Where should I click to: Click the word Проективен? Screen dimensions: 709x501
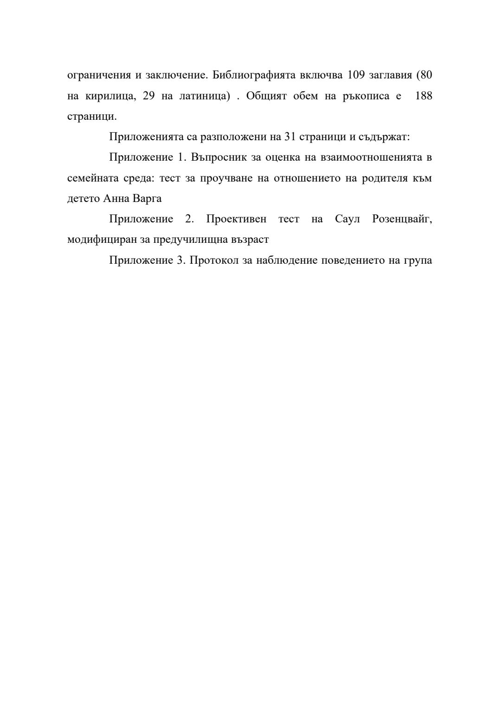236,219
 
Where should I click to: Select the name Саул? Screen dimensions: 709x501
347,219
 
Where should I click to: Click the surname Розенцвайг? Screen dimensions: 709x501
402,219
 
